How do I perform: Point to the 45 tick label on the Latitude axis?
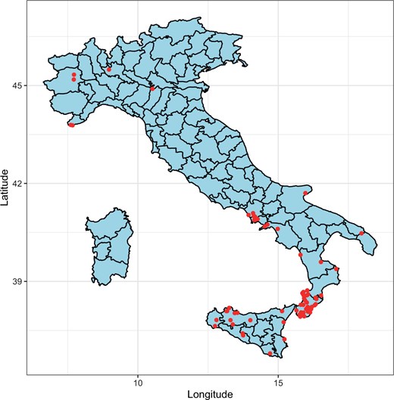17,85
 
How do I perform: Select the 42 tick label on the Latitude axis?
17,184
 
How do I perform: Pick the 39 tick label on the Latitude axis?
17,281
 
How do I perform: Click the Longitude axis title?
208,394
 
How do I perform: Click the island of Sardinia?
111,246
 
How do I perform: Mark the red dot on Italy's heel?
362,233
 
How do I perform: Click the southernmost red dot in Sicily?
270,353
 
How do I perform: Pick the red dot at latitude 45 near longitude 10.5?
152,88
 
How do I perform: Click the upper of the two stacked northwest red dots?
73,75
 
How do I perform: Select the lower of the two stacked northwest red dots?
73,79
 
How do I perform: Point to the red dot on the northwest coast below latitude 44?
71,125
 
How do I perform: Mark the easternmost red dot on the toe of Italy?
336,268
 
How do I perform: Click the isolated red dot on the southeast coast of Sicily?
284,338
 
